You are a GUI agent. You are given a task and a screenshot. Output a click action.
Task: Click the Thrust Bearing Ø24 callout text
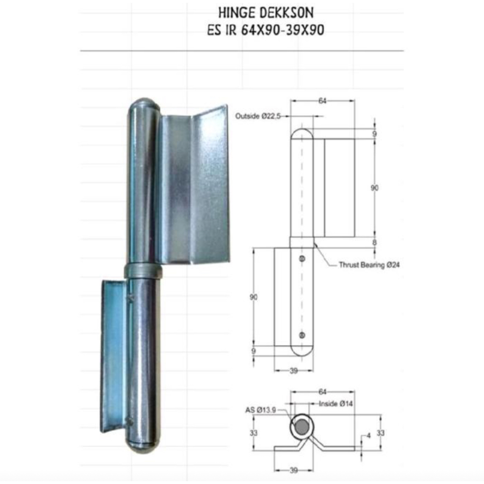(x=369, y=265)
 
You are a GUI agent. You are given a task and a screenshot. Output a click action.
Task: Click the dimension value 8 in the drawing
(x=374, y=242)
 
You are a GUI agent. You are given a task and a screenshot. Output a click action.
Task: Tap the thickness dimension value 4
(x=369, y=435)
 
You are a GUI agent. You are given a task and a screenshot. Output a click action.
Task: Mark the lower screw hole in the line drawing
(x=302, y=335)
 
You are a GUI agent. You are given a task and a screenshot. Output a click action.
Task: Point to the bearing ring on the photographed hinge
(x=143, y=271)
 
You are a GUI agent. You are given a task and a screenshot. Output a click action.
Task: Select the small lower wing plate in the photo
(x=113, y=354)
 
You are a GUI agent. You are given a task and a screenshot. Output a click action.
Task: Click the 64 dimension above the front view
(x=322, y=101)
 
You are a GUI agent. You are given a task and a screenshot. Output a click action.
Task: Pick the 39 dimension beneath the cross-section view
(x=294, y=469)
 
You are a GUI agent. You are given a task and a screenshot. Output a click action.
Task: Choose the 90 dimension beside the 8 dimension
(x=374, y=188)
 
